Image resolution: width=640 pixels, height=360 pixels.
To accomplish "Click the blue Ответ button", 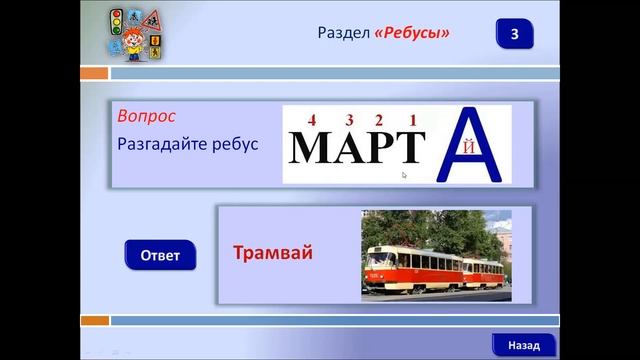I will point(160,255).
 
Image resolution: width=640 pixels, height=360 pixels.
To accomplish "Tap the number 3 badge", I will point(514,34).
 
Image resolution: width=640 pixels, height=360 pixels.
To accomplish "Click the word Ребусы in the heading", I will point(412,34).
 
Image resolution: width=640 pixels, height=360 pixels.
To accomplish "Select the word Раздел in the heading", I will point(343,34).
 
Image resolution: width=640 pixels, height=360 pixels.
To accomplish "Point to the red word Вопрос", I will point(146,116).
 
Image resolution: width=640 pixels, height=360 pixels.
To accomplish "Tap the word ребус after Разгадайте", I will point(235,144).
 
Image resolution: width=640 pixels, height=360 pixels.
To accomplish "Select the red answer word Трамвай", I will point(273,252).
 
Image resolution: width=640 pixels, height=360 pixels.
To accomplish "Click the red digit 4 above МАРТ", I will point(312,121).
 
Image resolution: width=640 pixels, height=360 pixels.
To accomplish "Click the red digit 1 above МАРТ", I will point(413,121).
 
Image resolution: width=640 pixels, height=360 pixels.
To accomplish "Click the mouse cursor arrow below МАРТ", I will point(404,176).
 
